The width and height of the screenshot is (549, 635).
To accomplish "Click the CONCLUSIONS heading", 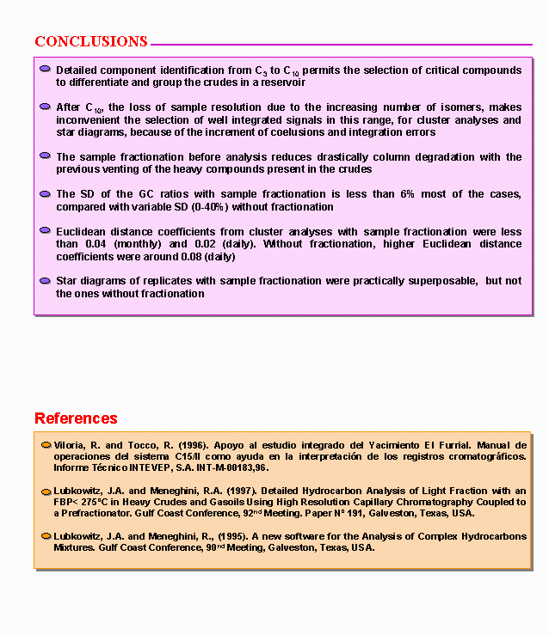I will pos(91,41).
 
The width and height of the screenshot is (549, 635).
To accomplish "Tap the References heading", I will pos(76,418).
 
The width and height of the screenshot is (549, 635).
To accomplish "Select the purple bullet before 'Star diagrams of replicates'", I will pos(45,280).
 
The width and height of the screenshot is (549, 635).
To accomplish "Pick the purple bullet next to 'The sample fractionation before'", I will pos(45,156).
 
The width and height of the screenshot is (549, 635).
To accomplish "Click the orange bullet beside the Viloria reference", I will pos(46,445).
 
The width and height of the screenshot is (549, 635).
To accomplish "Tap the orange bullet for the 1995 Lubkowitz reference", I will pos(46,535).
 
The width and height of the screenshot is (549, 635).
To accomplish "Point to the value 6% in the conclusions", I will pos(407,194).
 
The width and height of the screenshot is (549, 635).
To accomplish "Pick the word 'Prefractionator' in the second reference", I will pos(95,513).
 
